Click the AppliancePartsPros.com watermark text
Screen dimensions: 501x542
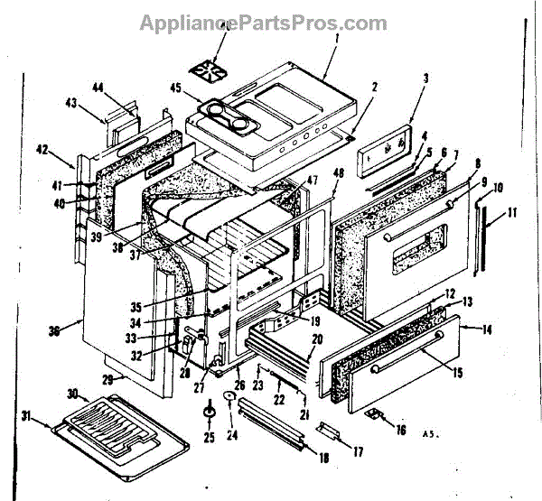263,23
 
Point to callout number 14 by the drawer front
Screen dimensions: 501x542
487,329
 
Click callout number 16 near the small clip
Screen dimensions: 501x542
400,430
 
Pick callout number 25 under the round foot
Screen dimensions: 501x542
209,438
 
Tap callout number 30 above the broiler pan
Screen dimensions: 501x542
71,394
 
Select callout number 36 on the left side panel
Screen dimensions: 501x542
54,331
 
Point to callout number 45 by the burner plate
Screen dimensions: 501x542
176,88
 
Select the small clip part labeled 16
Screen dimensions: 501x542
373,415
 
